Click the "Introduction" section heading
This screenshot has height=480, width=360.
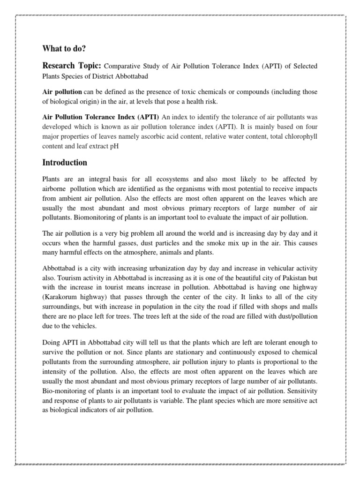(x=65, y=163)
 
